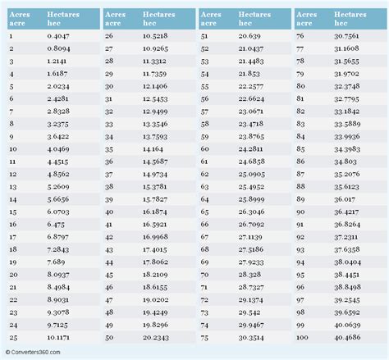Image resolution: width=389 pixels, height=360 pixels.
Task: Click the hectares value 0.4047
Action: tap(58, 36)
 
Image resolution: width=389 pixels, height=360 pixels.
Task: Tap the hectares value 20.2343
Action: tap(155, 335)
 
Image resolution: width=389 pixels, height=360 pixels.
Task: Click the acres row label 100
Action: tap(304, 335)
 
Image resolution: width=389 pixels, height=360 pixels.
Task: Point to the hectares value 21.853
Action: tap(248, 73)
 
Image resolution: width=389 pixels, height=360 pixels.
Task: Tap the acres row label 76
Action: tap(301, 36)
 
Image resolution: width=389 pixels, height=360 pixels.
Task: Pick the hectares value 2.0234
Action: tap(58, 86)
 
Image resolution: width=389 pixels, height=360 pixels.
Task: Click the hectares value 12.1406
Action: tap(155, 86)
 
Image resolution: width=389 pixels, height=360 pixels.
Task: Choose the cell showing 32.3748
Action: tap(346, 86)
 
